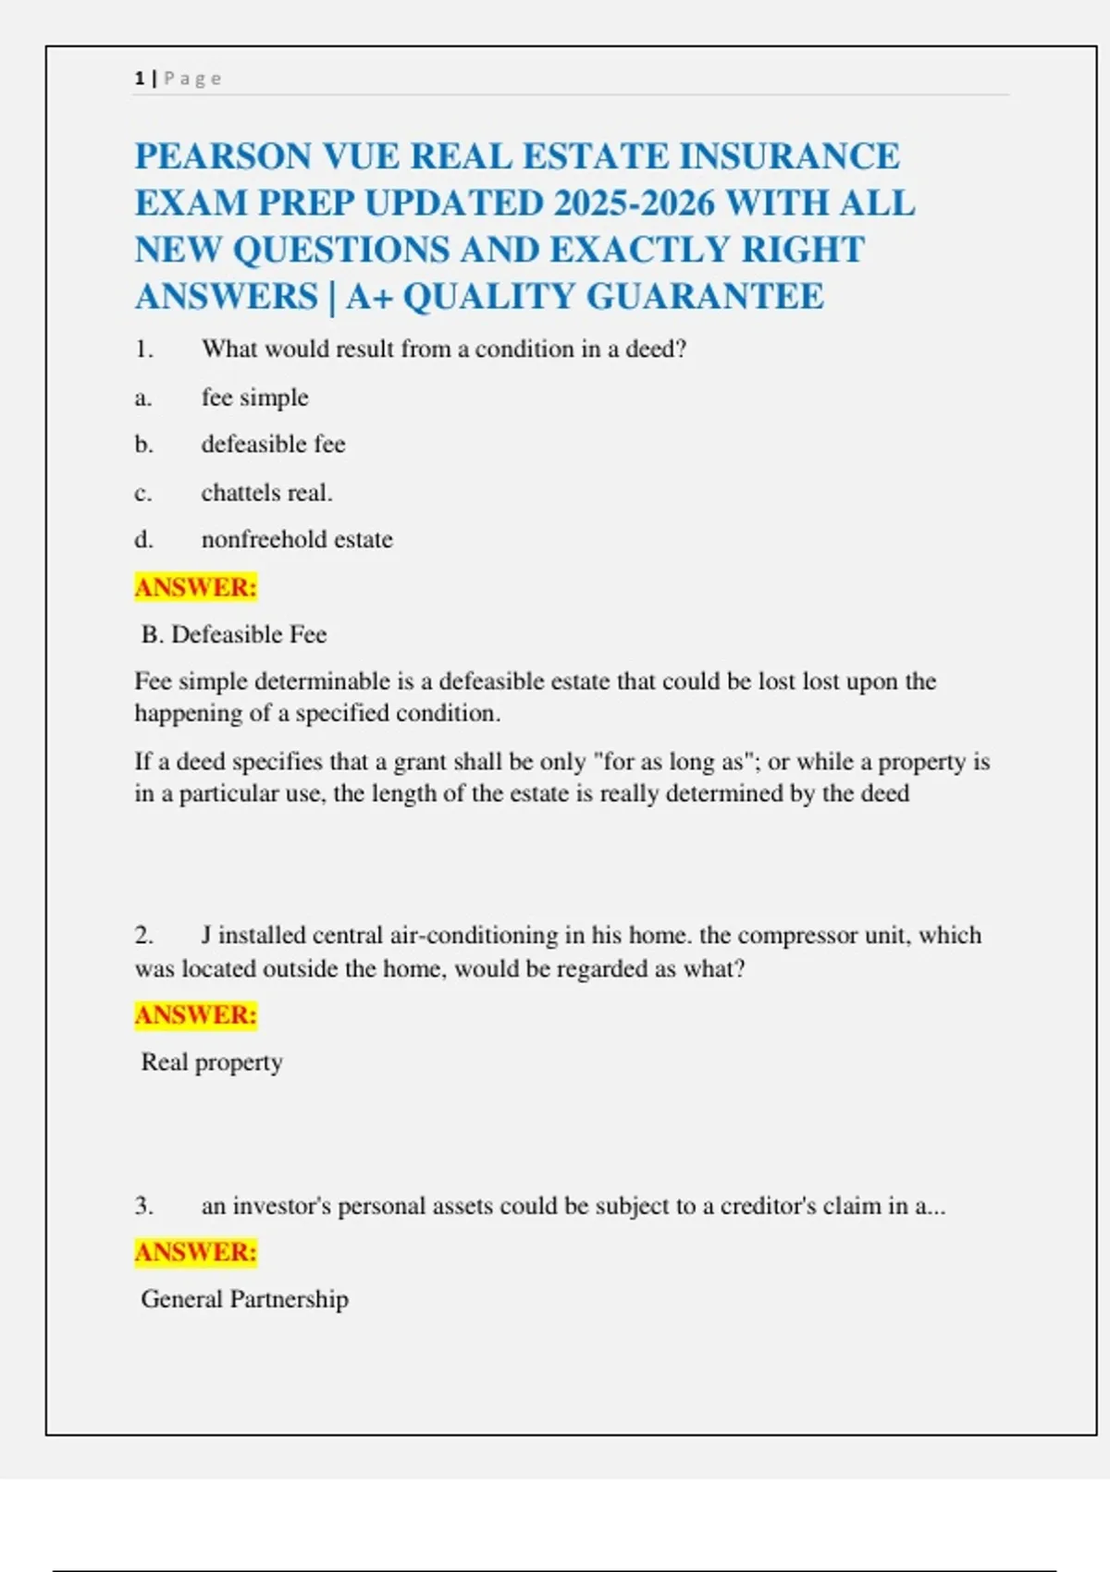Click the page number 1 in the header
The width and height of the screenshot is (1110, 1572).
[x=140, y=79]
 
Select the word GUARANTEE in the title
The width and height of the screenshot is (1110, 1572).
[x=705, y=297]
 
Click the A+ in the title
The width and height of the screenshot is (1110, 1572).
[x=369, y=297]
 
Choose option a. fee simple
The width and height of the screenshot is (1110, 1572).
[x=254, y=398]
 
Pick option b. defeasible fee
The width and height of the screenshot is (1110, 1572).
[x=273, y=445]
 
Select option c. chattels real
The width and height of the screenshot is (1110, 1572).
[x=266, y=493]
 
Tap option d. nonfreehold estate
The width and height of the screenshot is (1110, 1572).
[x=296, y=539]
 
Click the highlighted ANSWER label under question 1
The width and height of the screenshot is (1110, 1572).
[x=195, y=587]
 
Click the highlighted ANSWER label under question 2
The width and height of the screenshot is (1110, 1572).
[x=195, y=1015]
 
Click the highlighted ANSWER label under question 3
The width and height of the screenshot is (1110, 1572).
[x=195, y=1252]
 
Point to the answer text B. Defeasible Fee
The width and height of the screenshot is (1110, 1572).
[x=234, y=634]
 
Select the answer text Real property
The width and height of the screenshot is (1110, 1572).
[x=212, y=1062]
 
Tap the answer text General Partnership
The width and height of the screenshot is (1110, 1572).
[x=244, y=1299]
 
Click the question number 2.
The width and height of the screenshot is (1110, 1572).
[x=143, y=935]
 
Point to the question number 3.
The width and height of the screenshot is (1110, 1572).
[x=143, y=1206]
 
